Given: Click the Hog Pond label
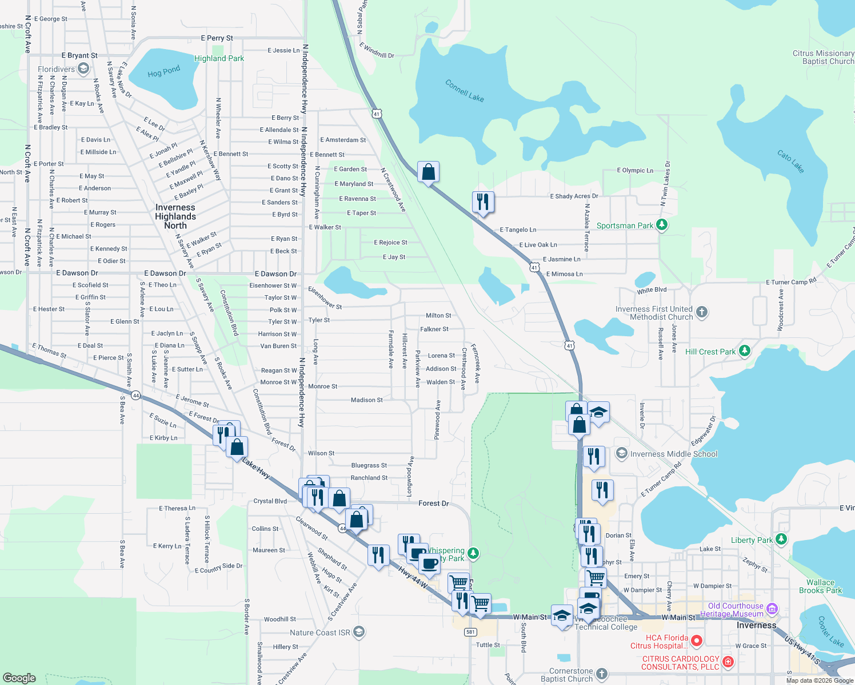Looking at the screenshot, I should (163, 72).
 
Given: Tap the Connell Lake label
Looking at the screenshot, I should (464, 91).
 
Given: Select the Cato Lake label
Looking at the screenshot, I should (790, 161).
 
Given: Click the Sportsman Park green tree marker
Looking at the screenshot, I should (661, 225).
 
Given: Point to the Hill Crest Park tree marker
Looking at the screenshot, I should (744, 351).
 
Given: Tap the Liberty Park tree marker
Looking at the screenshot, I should (781, 539).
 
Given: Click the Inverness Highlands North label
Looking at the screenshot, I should (175, 216).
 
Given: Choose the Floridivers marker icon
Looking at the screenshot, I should (83, 69).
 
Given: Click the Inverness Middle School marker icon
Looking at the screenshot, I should (621, 454).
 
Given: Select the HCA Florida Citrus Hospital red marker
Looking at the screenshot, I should (696, 641).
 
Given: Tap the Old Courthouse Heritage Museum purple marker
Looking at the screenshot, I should (772, 609).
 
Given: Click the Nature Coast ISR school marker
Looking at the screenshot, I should (358, 632).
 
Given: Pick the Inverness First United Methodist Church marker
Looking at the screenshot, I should (702, 312).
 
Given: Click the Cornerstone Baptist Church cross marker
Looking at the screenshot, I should (602, 674).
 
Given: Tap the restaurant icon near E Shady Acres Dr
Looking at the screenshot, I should (483, 202).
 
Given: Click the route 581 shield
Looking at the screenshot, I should (470, 632).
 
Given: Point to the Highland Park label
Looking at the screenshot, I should (219, 58).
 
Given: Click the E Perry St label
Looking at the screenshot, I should (217, 38).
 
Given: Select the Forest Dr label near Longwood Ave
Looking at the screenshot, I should (433, 503).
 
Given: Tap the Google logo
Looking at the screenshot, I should (19, 678).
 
